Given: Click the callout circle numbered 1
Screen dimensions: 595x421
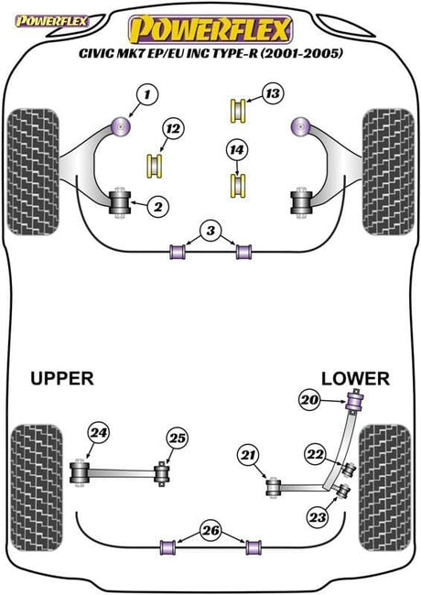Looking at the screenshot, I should (x=146, y=93).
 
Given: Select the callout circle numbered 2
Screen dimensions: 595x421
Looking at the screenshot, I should (x=157, y=208).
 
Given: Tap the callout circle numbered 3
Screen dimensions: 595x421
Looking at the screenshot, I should (x=211, y=233).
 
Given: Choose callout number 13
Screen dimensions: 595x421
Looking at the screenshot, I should (x=271, y=92).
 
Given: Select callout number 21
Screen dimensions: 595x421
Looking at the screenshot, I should (x=245, y=456).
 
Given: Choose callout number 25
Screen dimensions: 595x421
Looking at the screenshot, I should (x=177, y=438).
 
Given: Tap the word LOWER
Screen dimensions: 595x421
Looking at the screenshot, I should (x=356, y=378).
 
